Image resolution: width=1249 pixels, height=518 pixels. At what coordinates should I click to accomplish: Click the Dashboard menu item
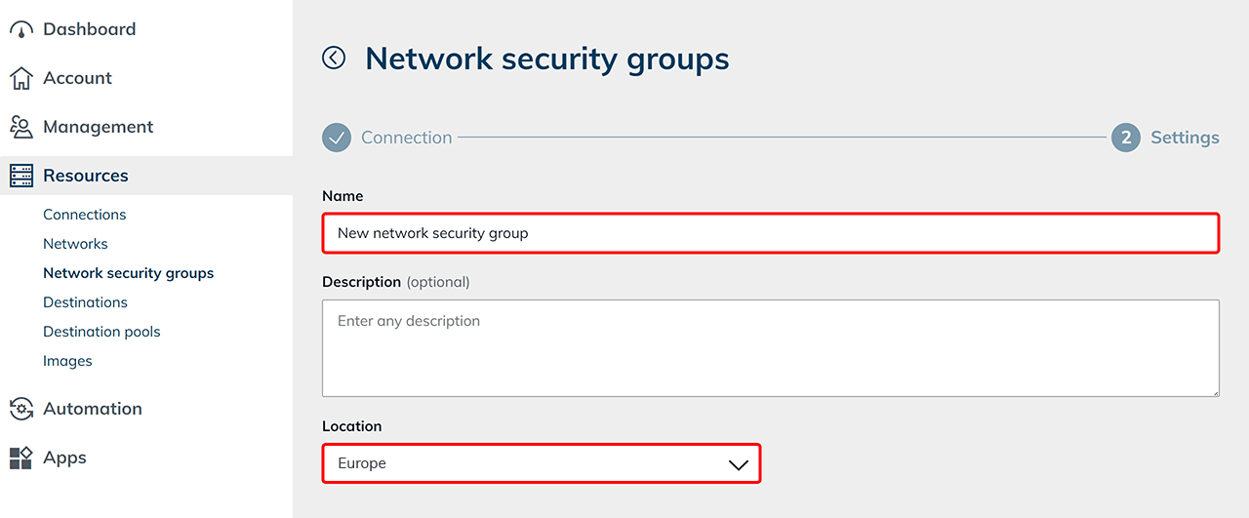[x=89, y=29]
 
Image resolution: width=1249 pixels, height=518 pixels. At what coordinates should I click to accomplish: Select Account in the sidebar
[x=77, y=78]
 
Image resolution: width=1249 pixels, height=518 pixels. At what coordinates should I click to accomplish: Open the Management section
[x=98, y=127]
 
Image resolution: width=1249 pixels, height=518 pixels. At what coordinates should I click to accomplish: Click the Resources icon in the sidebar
[x=21, y=176]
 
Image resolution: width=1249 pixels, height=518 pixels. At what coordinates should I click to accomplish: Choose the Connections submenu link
[x=85, y=215]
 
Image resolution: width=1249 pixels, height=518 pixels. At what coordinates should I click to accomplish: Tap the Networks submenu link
[x=75, y=244]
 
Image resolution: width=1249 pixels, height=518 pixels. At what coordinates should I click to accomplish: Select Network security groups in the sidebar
[x=128, y=273]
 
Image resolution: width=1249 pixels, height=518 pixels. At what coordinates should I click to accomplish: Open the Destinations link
[x=85, y=302]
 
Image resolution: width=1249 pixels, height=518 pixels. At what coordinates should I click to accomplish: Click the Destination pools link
[x=101, y=332]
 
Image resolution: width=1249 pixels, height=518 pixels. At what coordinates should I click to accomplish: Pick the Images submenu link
[x=67, y=361]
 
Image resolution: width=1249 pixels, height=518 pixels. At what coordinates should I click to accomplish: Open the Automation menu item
[x=92, y=409]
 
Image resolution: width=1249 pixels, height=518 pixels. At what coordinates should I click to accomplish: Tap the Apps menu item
[x=64, y=458]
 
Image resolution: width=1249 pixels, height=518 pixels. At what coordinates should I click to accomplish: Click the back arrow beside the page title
[x=334, y=59]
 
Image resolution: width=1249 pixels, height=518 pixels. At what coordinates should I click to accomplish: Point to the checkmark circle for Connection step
[x=337, y=138]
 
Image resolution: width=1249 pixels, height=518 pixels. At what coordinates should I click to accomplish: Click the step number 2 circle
[x=1125, y=138]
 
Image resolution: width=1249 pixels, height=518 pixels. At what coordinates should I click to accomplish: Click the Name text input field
[x=770, y=233]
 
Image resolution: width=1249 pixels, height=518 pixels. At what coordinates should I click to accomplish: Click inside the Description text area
[x=770, y=348]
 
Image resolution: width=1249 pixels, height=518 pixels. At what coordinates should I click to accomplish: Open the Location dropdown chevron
[x=739, y=464]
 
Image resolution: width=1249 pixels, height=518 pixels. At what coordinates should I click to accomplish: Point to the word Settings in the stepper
[x=1185, y=138]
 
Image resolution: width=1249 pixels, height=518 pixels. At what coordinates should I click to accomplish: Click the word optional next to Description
[x=438, y=282]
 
